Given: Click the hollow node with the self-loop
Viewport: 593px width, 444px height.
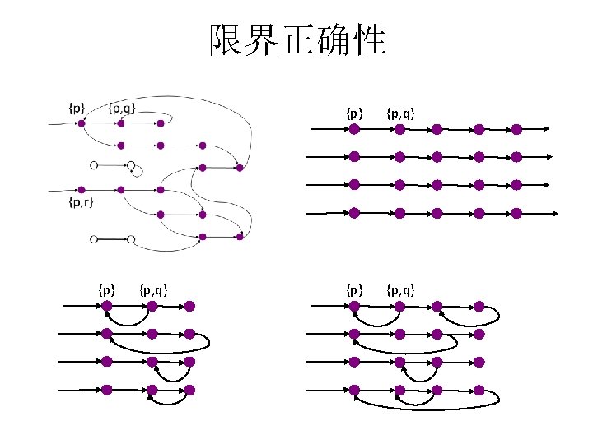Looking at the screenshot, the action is [x=131, y=165].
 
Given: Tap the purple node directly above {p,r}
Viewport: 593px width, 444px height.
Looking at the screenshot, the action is [x=81, y=189].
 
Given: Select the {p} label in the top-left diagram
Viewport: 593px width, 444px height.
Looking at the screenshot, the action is [x=76, y=107].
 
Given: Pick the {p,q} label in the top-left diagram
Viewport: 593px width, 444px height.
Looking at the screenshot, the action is [x=122, y=107].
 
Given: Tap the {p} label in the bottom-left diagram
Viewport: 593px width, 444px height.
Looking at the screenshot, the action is [x=106, y=289].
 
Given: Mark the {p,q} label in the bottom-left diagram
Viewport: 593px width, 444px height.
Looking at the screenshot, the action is [x=155, y=289].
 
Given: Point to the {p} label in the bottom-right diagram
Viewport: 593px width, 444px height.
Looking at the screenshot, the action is [x=354, y=289].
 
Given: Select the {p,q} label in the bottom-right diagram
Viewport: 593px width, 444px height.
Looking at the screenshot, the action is [x=400, y=289].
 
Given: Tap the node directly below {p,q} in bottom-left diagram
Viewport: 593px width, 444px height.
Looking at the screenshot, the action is [x=152, y=306].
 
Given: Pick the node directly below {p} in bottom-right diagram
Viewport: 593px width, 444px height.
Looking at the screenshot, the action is [x=354, y=306].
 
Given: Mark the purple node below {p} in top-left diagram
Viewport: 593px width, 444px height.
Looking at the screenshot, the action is [x=81, y=123].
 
